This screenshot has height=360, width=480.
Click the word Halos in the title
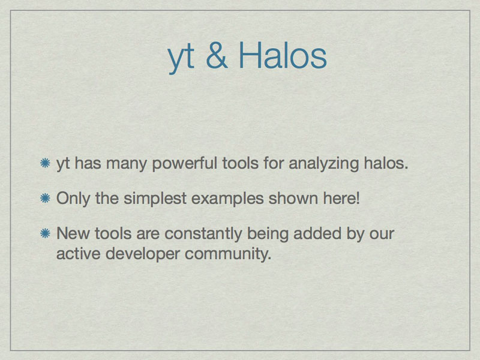[283, 55]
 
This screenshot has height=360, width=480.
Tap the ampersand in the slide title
[217, 55]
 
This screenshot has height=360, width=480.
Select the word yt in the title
[181, 58]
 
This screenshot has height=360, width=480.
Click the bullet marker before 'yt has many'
[46, 163]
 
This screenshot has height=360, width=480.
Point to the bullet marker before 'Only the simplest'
[46, 198]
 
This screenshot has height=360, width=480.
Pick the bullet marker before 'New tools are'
[46, 233]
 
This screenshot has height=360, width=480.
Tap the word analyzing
[323, 164]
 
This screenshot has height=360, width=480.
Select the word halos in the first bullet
[386, 163]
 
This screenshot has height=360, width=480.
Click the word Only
[73, 199]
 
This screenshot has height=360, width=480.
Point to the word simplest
[155, 199]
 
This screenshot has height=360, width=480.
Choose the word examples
[227, 199]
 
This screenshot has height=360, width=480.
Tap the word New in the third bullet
[73, 233]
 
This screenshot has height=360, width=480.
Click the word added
[317, 233]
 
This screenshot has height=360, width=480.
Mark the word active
[79, 254]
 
